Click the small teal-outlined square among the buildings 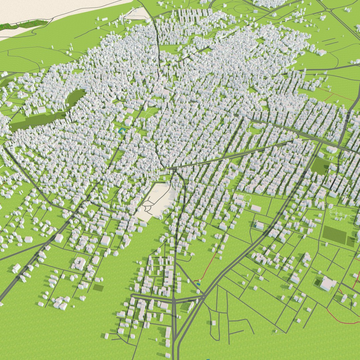(x=122, y=131)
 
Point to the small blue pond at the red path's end (x=199, y=284)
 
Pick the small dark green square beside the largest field (x=350, y=242)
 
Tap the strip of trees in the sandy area (x=23, y=25)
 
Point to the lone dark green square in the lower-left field (x=98, y=287)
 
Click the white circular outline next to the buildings (x=248, y=198)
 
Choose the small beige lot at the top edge (x=140, y=13)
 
